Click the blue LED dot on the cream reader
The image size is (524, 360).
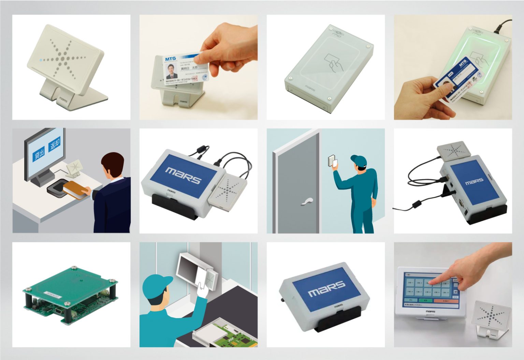coord(41,61)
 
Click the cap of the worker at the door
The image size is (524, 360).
coord(358,160)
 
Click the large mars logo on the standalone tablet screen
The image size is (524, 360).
coord(326,289)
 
